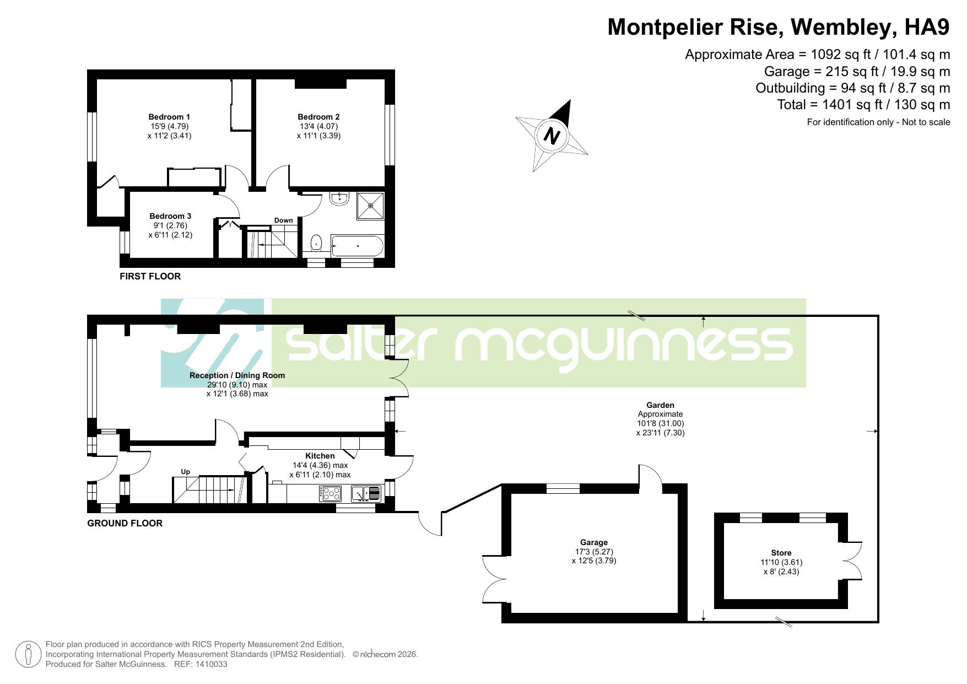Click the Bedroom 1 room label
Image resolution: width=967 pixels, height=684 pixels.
point(169,117)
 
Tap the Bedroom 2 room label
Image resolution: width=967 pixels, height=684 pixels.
point(318,117)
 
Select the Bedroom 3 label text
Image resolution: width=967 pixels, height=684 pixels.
point(170,216)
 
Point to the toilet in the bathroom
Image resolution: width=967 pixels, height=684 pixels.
point(316,243)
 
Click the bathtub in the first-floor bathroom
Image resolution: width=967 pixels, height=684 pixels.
point(358,246)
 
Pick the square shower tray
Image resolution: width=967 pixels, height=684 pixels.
point(370,205)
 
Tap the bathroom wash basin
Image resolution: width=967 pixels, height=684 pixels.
point(339,199)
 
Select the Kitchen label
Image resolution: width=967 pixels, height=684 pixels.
point(320,456)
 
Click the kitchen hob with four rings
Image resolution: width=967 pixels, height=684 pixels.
point(330,493)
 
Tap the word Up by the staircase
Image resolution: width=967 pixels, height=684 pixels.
point(186,472)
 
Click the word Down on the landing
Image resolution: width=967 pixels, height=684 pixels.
point(284,220)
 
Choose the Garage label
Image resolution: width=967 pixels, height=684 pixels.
point(594,542)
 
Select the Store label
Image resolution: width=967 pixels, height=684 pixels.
point(781,553)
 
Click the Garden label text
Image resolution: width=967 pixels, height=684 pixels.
point(660,405)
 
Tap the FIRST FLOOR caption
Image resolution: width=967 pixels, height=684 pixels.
point(150,276)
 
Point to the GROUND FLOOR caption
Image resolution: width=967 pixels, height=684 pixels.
point(125,523)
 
